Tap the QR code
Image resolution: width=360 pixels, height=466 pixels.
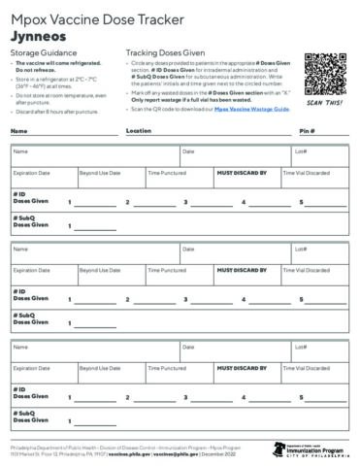pos(326,76)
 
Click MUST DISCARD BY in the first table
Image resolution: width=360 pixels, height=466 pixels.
pos(241,173)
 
